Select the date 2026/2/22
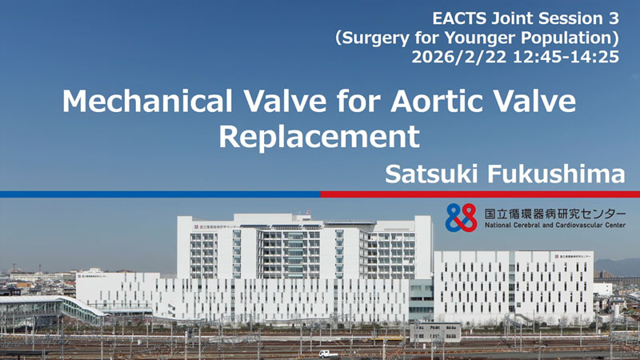tap(458, 57)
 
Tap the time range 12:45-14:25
tap(566, 57)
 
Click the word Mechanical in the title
tap(147, 102)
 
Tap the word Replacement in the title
tap(319, 137)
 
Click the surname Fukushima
tap(556, 174)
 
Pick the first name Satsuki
tap(432, 174)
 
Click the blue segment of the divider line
tap(160, 194)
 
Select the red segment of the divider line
tap(480, 194)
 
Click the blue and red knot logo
tap(462, 218)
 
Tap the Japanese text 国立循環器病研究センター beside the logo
tap(555, 214)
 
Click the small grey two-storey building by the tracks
tap(435, 332)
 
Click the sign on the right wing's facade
tap(572, 256)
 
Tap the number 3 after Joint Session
tap(614, 18)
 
